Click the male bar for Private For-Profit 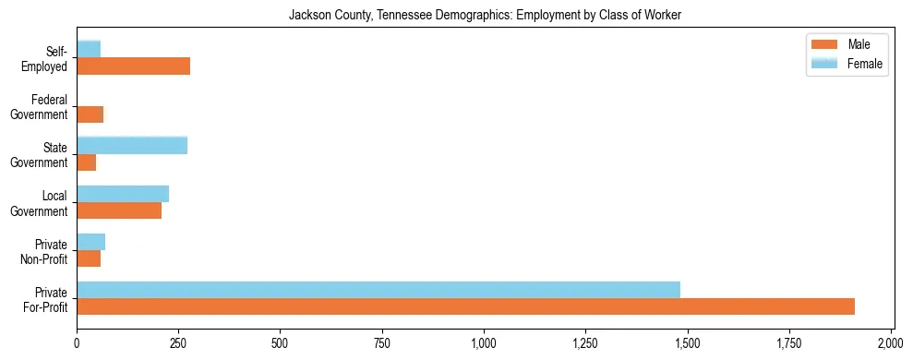tap(465, 306)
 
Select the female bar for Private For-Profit tap(378, 290)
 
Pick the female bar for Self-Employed tap(89, 49)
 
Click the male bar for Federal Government tap(90, 114)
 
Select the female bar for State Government tap(132, 145)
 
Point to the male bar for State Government tap(86, 162)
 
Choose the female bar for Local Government tap(123, 194)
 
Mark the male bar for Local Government tap(119, 210)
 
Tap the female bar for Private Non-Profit tap(90, 242)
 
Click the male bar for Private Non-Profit tap(89, 258)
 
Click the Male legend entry tap(846, 44)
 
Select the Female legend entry tap(846, 64)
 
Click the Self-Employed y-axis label tap(49, 58)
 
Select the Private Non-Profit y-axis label tap(45, 251)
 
